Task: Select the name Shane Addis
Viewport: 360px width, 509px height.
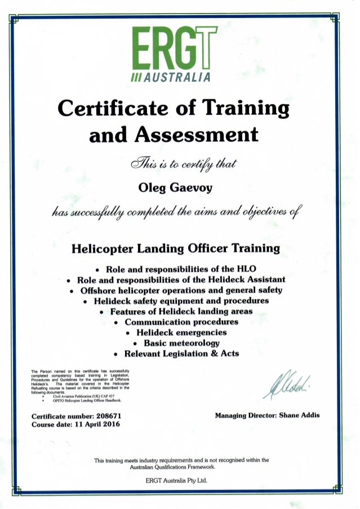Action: (x=299, y=415)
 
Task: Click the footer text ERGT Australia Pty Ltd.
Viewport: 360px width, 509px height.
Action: (x=179, y=480)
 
